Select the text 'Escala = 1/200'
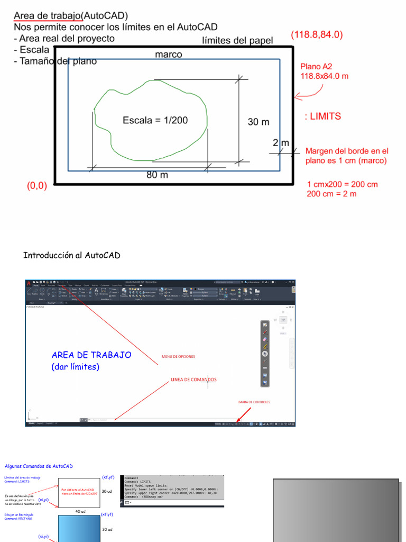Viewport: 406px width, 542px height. [155, 120]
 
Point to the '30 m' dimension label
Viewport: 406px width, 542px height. [259, 122]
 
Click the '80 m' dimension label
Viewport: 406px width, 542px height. [157, 175]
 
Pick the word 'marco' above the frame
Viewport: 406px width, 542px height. [169, 55]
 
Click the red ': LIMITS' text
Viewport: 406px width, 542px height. [323, 116]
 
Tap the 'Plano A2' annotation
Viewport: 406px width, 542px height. [316, 67]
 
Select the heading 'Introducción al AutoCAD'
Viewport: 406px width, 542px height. [72, 256]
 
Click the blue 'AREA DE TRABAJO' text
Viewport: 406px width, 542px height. [91, 355]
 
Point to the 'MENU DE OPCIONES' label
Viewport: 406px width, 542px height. [178, 356]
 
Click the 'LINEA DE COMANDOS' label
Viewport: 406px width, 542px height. [193, 380]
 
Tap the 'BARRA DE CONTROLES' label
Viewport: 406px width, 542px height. [254, 402]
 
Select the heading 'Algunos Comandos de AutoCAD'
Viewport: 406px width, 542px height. [39, 466]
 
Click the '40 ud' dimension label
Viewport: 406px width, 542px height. [80, 511]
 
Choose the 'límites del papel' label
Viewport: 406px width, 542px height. [238, 41]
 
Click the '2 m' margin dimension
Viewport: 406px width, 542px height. [281, 143]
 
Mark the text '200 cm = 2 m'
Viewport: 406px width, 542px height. [331, 194]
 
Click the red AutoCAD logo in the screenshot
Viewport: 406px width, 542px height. [29, 284]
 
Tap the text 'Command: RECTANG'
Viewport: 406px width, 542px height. [19, 519]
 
